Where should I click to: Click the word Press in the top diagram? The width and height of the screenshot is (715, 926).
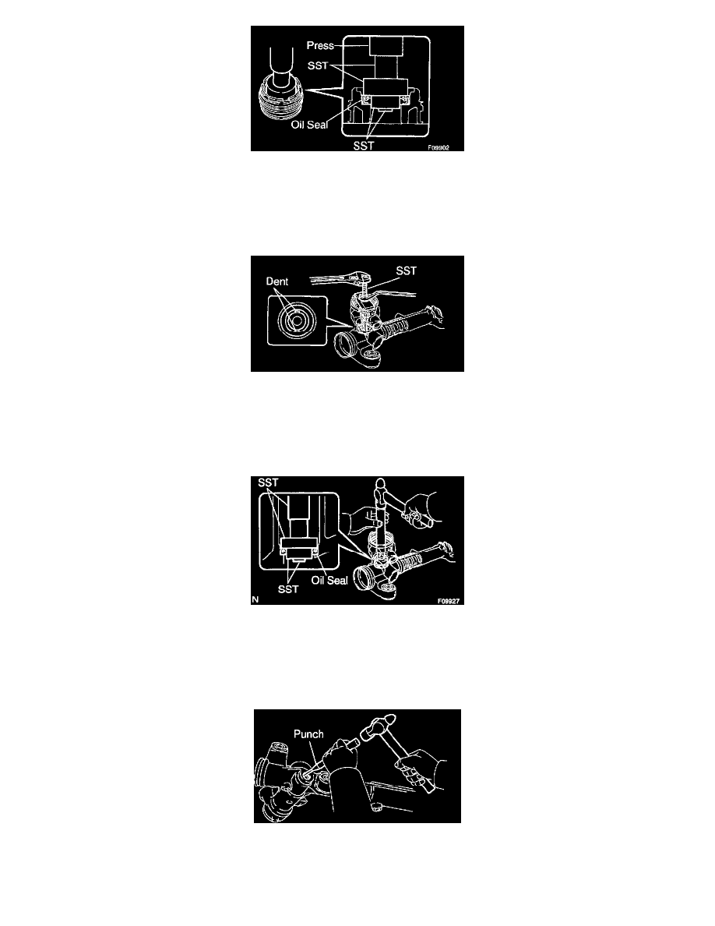[x=320, y=45]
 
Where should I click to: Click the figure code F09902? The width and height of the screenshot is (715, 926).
[x=439, y=147]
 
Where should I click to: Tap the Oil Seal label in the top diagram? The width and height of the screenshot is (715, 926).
[x=309, y=125]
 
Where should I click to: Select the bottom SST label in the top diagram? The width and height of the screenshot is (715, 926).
[x=364, y=145]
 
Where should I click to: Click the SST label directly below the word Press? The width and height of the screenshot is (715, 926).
[x=317, y=65]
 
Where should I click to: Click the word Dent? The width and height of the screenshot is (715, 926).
[x=276, y=281]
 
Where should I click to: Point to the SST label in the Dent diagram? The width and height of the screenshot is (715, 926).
[x=406, y=270]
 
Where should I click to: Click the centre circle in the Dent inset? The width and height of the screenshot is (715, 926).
[x=297, y=320]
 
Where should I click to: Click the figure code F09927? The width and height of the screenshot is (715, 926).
[x=449, y=601]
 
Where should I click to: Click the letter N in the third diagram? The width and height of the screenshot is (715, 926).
[x=255, y=599]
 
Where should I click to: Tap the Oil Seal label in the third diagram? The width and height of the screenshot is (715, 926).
[x=329, y=581]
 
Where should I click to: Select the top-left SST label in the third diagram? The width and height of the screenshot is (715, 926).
[x=268, y=482]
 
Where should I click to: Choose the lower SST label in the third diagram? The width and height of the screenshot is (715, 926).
[x=288, y=589]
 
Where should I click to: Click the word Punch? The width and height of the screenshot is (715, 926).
[x=308, y=734]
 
